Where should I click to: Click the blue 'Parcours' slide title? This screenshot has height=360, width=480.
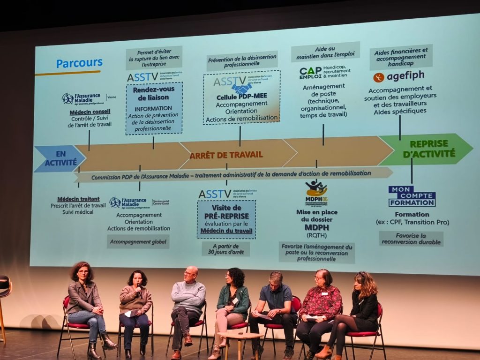click(x=79, y=63)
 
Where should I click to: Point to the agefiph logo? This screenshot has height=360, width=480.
click(x=399, y=76)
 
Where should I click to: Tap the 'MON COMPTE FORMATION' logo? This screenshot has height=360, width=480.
click(x=412, y=196)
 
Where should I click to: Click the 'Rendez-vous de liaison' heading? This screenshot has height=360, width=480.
click(x=154, y=93)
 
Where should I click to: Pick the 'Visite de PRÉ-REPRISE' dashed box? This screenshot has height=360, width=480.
click(x=226, y=219)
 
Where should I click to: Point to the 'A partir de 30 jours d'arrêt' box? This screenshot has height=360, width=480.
click(x=226, y=249)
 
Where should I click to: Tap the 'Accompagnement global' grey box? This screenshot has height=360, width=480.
click(x=138, y=241)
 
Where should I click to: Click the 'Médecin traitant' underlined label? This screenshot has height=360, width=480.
click(x=78, y=199)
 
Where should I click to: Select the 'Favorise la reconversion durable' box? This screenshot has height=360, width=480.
click(x=411, y=239)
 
